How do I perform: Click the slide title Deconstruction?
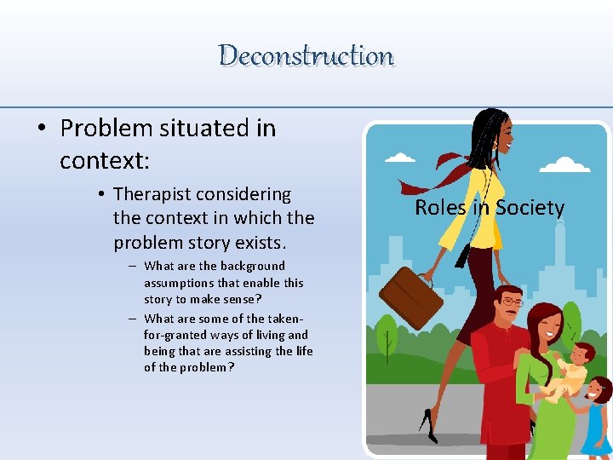click(306, 56)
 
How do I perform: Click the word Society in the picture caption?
click(530, 208)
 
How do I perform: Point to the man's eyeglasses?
click(511, 302)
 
